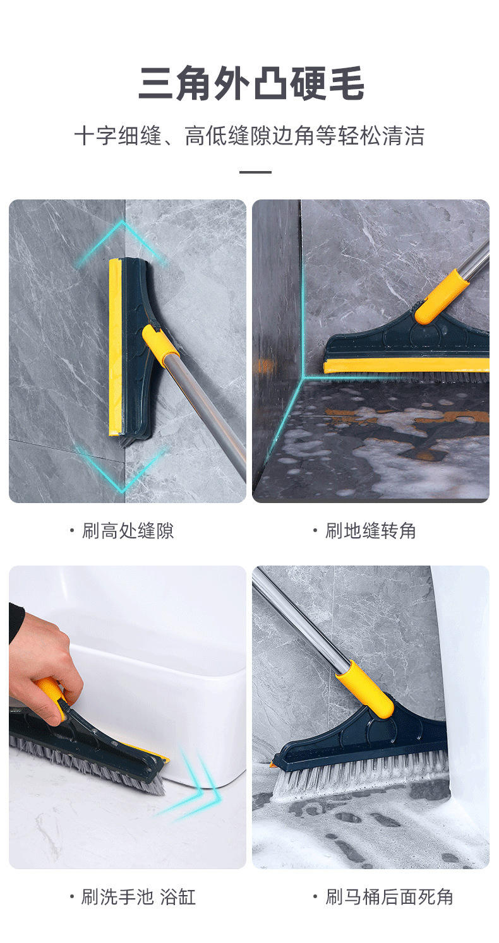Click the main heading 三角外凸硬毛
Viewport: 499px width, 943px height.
tap(251, 84)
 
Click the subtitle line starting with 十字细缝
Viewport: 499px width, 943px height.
tap(249, 136)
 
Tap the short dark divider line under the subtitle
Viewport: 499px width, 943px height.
tap(255, 172)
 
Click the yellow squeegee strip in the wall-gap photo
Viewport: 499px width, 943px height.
tap(115, 347)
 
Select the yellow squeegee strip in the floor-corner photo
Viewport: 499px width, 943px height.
tap(404, 365)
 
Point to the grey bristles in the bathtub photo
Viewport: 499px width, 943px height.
tap(88, 764)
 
